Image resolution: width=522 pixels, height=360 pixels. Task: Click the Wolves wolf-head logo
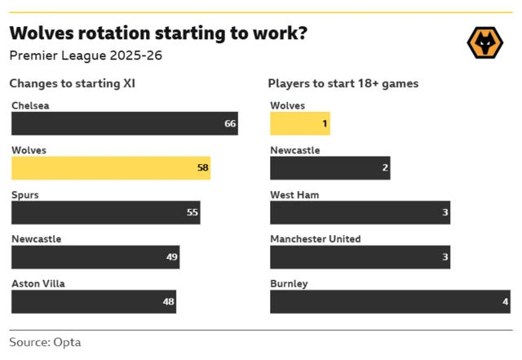pos(484,42)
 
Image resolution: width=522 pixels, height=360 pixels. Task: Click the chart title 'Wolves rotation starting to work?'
pos(158,33)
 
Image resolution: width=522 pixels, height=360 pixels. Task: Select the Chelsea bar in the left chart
pos(124,123)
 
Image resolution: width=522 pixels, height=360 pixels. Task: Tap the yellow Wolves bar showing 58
pos(110,168)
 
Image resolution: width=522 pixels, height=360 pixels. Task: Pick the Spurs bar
pos(105,212)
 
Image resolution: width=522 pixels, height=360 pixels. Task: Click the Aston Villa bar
pos(93,301)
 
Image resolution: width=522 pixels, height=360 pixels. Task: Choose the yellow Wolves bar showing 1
pos(299,123)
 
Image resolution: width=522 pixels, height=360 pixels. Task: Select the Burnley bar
pos(389,301)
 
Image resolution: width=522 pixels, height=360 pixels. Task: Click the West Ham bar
pos(360,212)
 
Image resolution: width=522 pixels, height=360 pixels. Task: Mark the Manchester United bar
pos(360,256)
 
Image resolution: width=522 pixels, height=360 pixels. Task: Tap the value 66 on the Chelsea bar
pos(229,124)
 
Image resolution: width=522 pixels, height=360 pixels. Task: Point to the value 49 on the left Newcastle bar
pos(171,257)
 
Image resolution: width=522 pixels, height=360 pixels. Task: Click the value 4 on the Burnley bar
pos(505,302)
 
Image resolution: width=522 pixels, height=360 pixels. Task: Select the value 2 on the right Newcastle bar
pos(384,168)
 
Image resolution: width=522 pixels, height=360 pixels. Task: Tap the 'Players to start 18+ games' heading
pos(343,83)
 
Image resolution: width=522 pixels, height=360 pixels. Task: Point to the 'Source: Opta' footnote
pos(45,342)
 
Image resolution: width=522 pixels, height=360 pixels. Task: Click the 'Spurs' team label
pos(25,195)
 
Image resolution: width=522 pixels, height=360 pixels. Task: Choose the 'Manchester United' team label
pos(315,239)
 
